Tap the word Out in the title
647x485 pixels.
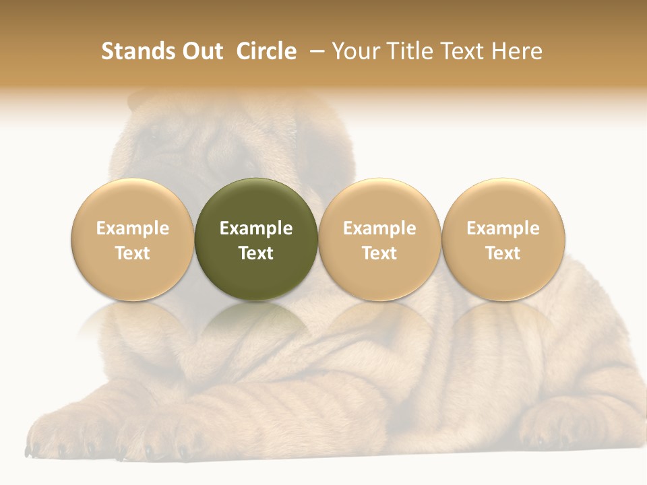pyautogui.click(x=202, y=52)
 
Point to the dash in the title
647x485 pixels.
pyautogui.click(x=314, y=52)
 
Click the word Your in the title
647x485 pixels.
pyautogui.click(x=355, y=52)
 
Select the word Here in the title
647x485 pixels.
pyautogui.click(x=517, y=52)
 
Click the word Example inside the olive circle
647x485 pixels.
pyautogui.click(x=256, y=228)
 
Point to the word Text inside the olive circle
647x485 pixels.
pyautogui.click(x=256, y=253)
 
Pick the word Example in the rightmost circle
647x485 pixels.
pyautogui.click(x=503, y=228)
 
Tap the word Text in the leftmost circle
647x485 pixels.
pyautogui.click(x=133, y=253)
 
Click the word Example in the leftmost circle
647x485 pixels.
pyautogui.click(x=133, y=228)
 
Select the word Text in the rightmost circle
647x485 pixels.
pyautogui.click(x=503, y=253)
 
